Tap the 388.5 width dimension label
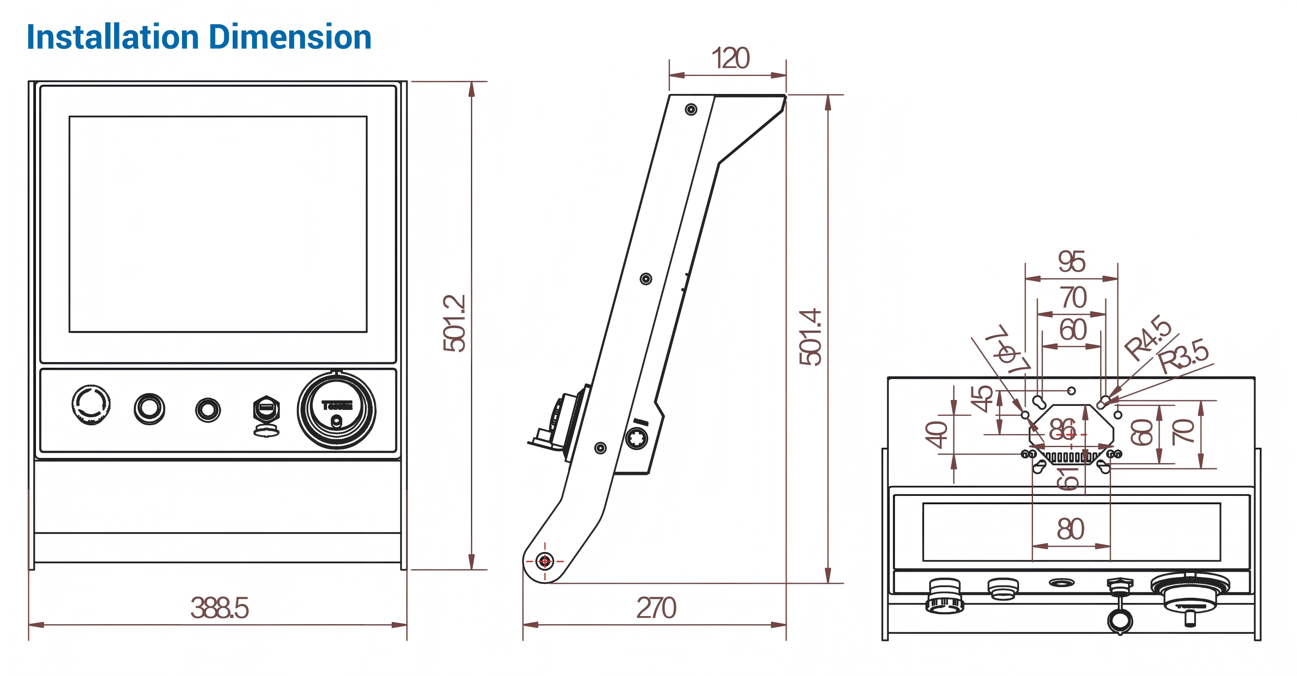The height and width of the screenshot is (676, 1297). (x=220, y=608)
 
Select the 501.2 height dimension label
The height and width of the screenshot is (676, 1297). (x=454, y=323)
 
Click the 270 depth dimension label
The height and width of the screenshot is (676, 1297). (x=656, y=608)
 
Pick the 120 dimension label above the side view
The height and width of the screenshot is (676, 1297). (x=730, y=58)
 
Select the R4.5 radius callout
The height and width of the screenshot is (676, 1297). (x=1148, y=337)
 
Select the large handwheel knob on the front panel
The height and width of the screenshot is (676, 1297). (x=336, y=410)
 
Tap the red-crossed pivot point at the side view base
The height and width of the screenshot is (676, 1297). (x=544, y=560)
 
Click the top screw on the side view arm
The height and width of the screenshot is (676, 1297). (x=691, y=109)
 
